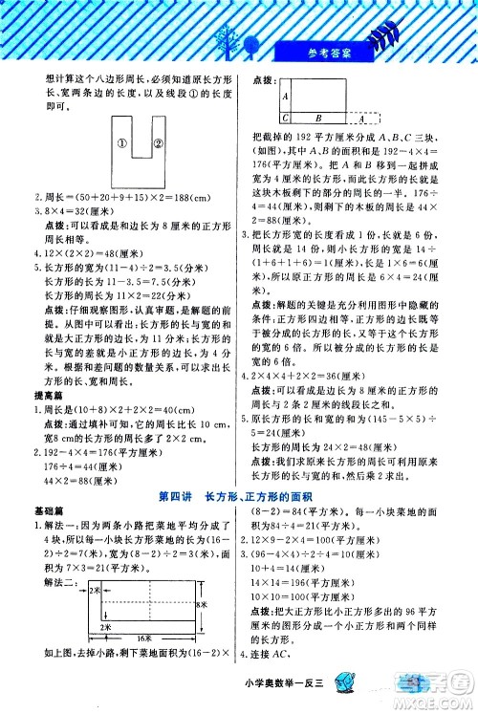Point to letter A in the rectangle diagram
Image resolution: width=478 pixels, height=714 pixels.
pyautogui.click(x=286, y=97)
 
